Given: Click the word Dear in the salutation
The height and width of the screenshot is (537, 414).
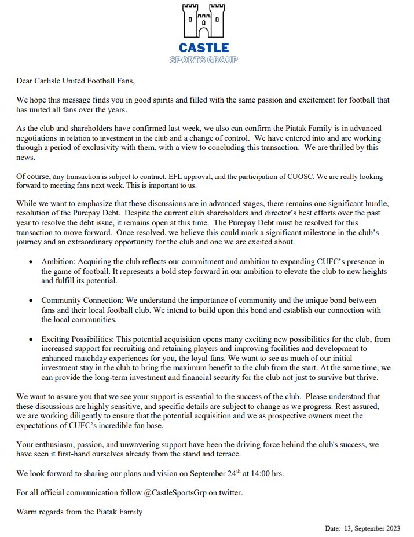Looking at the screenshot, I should tap(27, 81).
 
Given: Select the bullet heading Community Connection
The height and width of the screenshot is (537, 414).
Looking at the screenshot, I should tap(85, 301).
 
